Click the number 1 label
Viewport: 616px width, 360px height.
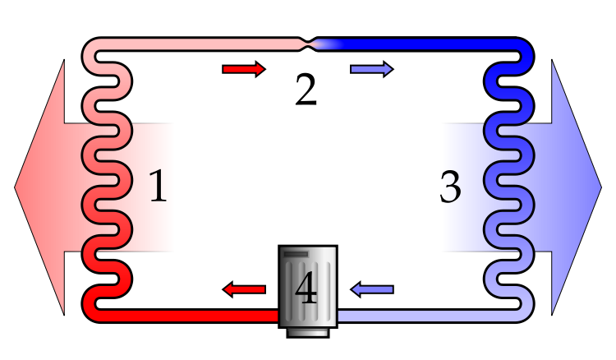click(158, 187)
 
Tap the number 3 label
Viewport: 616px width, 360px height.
click(450, 187)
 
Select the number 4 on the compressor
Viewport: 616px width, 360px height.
click(306, 289)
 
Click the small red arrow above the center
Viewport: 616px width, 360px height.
click(243, 69)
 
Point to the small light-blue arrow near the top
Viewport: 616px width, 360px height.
click(371, 69)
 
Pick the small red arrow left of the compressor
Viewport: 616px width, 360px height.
click(244, 289)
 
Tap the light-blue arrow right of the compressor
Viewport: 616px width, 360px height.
click(372, 289)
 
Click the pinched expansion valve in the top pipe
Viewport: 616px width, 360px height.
click(308, 44)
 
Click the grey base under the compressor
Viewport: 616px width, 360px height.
click(308, 331)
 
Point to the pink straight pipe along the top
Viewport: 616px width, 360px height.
click(197, 44)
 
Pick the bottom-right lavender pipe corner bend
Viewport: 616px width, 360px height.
click(524, 311)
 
